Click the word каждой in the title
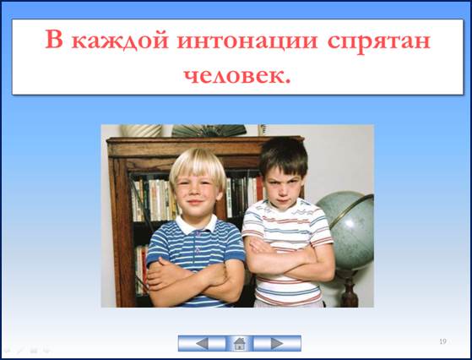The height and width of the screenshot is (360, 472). click(120, 41)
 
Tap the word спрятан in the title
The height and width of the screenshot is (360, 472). click(378, 42)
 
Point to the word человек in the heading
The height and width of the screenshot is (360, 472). click(235, 76)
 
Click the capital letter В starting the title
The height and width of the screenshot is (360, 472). click(54, 39)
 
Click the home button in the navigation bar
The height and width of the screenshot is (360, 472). click(239, 343)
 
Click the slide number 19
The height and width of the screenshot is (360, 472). click(442, 341)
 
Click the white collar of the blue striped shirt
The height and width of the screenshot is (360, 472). click(196, 225)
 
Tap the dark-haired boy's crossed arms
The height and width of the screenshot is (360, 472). click(290, 260)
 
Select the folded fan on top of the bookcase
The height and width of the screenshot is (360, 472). click(209, 131)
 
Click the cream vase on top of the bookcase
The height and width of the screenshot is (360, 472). click(141, 130)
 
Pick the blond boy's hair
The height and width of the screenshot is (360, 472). click(198, 168)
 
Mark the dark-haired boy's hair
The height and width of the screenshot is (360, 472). click(284, 156)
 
